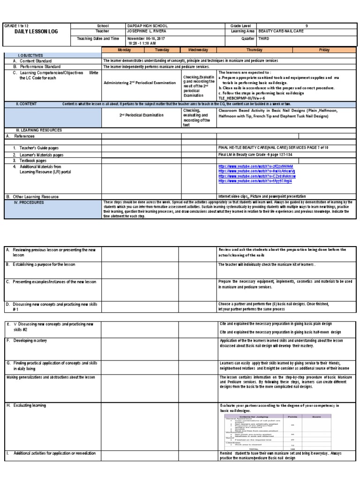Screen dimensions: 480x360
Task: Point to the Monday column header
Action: pos(125,50)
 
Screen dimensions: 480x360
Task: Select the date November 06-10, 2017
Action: pos(146,38)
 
